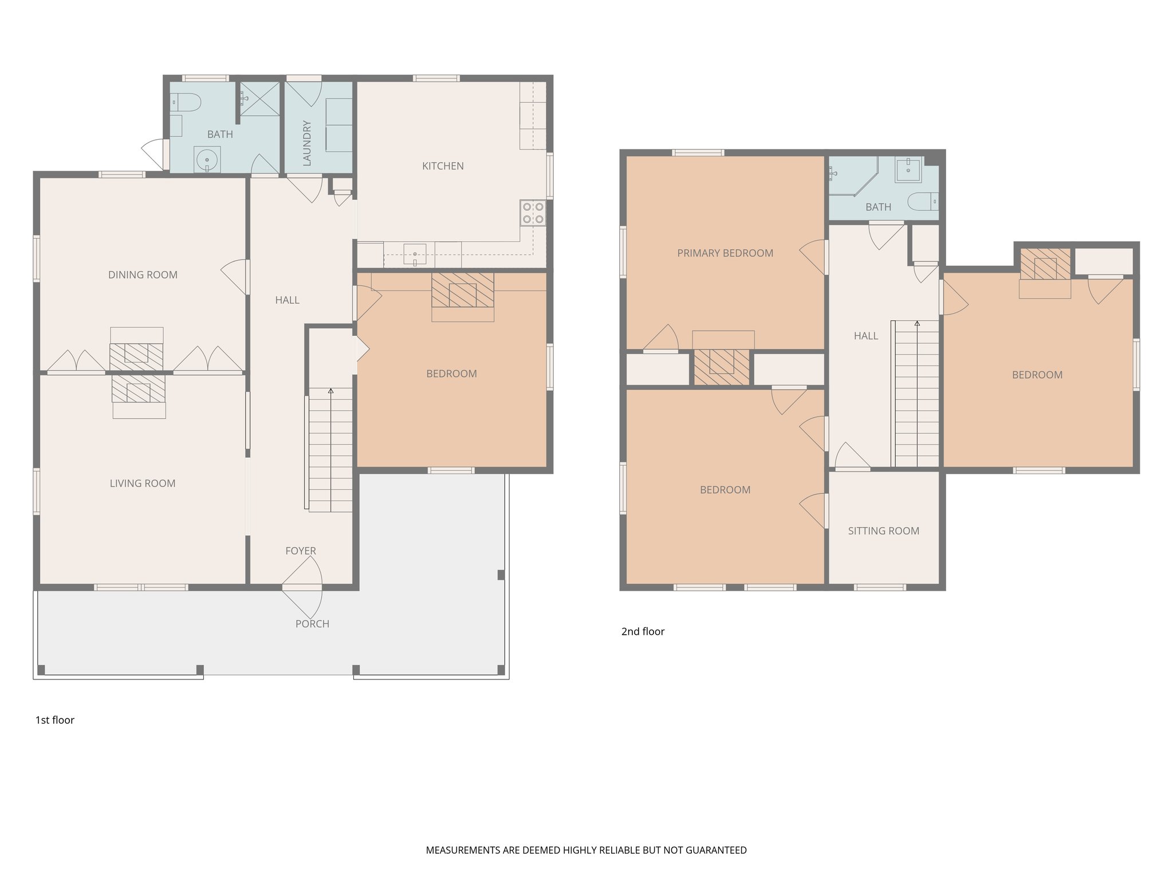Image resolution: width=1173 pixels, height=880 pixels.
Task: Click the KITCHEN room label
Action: [443, 166]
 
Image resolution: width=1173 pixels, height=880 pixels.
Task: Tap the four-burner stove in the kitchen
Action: [533, 213]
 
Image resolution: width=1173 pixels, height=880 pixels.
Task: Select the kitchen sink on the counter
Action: [415, 254]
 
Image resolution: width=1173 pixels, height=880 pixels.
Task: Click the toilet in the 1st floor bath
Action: [187, 103]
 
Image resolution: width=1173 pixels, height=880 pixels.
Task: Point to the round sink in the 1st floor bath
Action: [207, 160]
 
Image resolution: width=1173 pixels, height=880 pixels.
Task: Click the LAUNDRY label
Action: [307, 143]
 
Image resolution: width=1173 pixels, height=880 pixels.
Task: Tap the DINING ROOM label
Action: [143, 275]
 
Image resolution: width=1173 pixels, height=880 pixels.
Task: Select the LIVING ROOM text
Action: [143, 484]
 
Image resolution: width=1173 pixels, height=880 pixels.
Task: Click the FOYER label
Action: [301, 551]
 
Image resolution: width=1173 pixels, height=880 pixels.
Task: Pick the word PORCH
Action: [312, 624]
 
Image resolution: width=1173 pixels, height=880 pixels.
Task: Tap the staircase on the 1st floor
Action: [330, 450]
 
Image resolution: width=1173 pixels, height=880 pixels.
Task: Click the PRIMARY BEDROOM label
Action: [725, 253]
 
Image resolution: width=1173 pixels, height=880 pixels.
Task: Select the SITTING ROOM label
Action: [883, 531]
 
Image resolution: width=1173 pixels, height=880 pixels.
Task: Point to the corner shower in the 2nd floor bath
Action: [851, 174]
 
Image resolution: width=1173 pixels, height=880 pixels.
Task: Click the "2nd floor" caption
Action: [643, 631]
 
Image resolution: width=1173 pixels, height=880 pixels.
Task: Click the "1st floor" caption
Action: [55, 720]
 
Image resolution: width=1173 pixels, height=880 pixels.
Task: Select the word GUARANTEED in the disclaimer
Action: [717, 850]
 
